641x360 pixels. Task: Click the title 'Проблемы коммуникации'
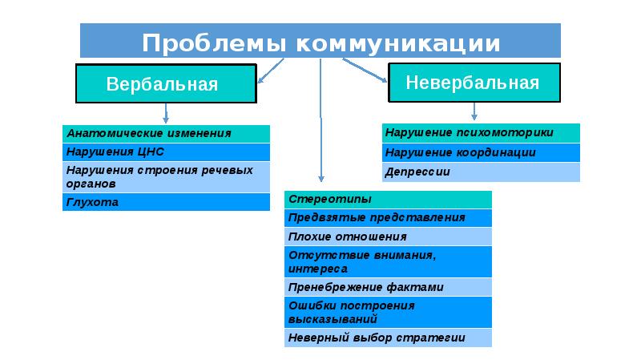click(x=320, y=41)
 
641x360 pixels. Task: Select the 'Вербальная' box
click(x=166, y=83)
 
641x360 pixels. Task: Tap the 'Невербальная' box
click(x=471, y=83)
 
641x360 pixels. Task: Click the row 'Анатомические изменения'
click(x=166, y=134)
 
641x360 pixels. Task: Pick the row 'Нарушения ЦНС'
click(x=166, y=152)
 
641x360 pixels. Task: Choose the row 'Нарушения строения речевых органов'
click(x=166, y=177)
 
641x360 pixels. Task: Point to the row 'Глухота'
click(x=166, y=203)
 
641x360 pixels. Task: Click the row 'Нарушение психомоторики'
click(x=480, y=132)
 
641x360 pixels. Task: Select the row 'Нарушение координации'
click(x=480, y=152)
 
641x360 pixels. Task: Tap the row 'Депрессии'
click(x=480, y=172)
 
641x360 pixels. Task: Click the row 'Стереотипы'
click(x=388, y=199)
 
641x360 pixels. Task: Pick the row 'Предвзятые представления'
click(x=388, y=217)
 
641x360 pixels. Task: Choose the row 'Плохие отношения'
click(x=388, y=237)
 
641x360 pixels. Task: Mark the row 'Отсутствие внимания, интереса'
click(x=388, y=261)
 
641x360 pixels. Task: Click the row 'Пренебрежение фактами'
click(x=388, y=287)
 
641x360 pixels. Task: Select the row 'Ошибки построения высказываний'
click(x=388, y=312)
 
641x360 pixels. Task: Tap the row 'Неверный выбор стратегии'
click(x=388, y=338)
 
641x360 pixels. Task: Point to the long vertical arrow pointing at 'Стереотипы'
click(x=320, y=120)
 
